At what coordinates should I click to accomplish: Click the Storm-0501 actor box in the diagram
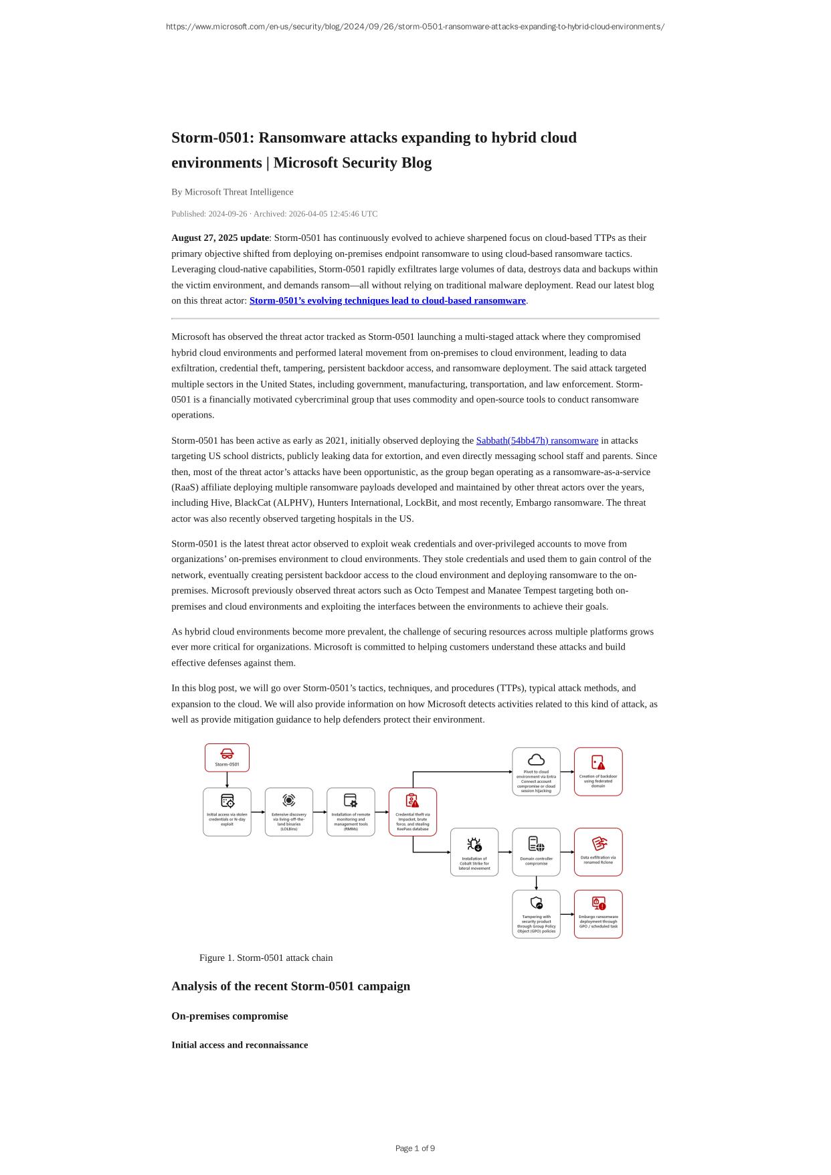pyautogui.click(x=227, y=757)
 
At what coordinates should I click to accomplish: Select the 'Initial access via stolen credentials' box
pyautogui.click(x=227, y=812)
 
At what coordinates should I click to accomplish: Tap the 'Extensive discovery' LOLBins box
pyautogui.click(x=289, y=812)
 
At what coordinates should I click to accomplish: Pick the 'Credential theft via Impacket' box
pyautogui.click(x=413, y=812)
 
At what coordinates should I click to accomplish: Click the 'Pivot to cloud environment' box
pyautogui.click(x=536, y=772)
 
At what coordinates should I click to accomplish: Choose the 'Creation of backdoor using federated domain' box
pyautogui.click(x=598, y=772)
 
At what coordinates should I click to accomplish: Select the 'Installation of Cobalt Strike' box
pyautogui.click(x=474, y=852)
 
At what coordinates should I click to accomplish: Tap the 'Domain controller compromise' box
pyautogui.click(x=536, y=852)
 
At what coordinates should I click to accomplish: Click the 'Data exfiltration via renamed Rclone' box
pyautogui.click(x=598, y=852)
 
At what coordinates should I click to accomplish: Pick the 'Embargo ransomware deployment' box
pyautogui.click(x=598, y=914)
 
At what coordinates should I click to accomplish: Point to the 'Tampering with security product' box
pyautogui.click(x=536, y=914)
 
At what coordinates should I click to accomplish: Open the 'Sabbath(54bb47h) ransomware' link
pyautogui.click(x=537, y=440)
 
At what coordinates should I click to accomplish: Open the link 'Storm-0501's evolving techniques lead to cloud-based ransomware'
pyautogui.click(x=387, y=300)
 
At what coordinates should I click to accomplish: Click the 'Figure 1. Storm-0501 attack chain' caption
pyautogui.click(x=266, y=958)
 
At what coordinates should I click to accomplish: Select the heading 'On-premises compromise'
pyautogui.click(x=229, y=1016)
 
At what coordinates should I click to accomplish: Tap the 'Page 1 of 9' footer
pyautogui.click(x=415, y=1148)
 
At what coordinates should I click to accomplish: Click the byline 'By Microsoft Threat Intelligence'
pyautogui.click(x=232, y=192)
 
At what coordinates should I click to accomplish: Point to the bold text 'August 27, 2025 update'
pyautogui.click(x=220, y=238)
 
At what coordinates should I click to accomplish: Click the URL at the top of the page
pyautogui.click(x=415, y=27)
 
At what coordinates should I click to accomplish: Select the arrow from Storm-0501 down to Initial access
pyautogui.click(x=227, y=780)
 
